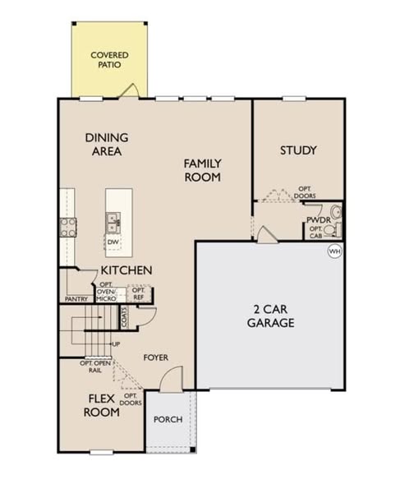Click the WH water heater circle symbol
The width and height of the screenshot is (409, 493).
pos(334,251)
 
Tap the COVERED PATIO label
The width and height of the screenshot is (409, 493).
pos(109,60)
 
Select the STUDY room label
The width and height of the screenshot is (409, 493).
pos(298,150)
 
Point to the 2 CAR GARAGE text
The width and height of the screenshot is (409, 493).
pos(271,316)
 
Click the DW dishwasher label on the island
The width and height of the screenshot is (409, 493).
pos(113,242)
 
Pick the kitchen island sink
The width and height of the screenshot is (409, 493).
pos(113,223)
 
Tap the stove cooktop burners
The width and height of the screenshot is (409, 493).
pos(68,228)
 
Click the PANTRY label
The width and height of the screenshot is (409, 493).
pos(76,299)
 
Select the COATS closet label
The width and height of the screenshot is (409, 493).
pos(125,317)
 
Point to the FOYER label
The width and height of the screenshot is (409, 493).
pos(155,357)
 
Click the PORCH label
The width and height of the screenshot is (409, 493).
pos(168,419)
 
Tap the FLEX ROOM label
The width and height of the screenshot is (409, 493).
pos(102,405)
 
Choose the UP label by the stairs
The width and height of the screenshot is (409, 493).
pos(116,344)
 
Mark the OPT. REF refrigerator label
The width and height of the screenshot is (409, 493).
pos(138,293)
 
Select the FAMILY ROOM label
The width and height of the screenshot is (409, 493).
pos(203,170)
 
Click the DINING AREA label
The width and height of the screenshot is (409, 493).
pos(107,145)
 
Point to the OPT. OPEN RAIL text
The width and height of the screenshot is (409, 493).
pos(95,366)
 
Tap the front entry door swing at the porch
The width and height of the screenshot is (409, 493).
pos(171,379)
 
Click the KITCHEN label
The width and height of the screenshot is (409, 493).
pos(126,270)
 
